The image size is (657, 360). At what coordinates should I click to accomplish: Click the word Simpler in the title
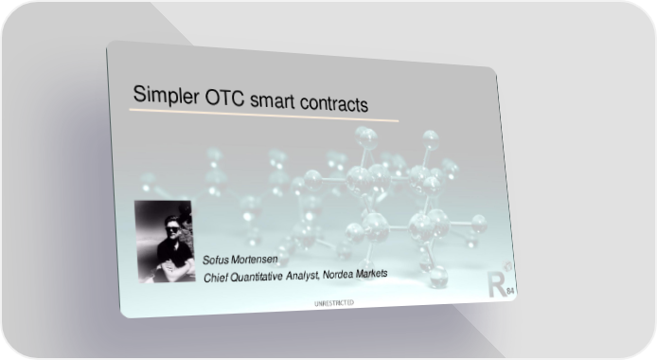166,95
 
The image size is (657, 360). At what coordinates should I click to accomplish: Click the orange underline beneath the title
264,116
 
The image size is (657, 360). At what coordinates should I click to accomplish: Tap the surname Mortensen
255,260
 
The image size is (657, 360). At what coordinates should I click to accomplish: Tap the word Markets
372,274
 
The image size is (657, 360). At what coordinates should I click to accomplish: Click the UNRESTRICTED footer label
334,303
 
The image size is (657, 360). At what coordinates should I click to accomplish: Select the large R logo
497,284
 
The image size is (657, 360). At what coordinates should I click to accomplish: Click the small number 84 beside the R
511,291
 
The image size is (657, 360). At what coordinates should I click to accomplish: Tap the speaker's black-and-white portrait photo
165,242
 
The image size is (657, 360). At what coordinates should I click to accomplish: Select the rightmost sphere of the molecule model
478,223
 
